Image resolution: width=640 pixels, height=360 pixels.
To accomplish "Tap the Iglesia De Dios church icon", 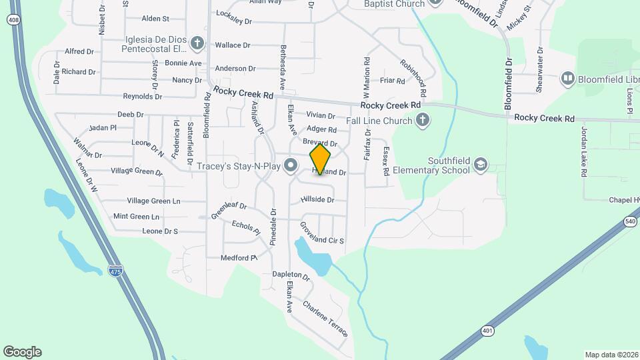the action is coord(197,44).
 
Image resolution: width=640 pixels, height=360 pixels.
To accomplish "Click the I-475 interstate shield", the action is coord(115,270).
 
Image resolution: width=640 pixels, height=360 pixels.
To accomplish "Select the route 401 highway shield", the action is coord(488,330).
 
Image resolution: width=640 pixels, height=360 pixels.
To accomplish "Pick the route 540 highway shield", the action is coord(630,221).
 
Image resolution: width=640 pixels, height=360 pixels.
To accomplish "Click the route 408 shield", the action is coord(13,20).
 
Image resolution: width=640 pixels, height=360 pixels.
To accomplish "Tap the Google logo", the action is coord(22,351).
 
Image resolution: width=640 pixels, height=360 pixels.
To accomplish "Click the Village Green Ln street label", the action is coord(153,201).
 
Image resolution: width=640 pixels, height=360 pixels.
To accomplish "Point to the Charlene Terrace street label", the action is coord(325,318).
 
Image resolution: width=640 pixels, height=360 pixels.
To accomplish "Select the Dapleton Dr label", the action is coord(291,275).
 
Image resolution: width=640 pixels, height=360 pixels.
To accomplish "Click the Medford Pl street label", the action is coord(239,258).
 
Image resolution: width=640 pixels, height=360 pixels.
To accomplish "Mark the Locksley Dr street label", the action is coord(233,21).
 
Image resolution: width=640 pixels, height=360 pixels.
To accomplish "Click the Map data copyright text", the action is coord(611,355).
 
